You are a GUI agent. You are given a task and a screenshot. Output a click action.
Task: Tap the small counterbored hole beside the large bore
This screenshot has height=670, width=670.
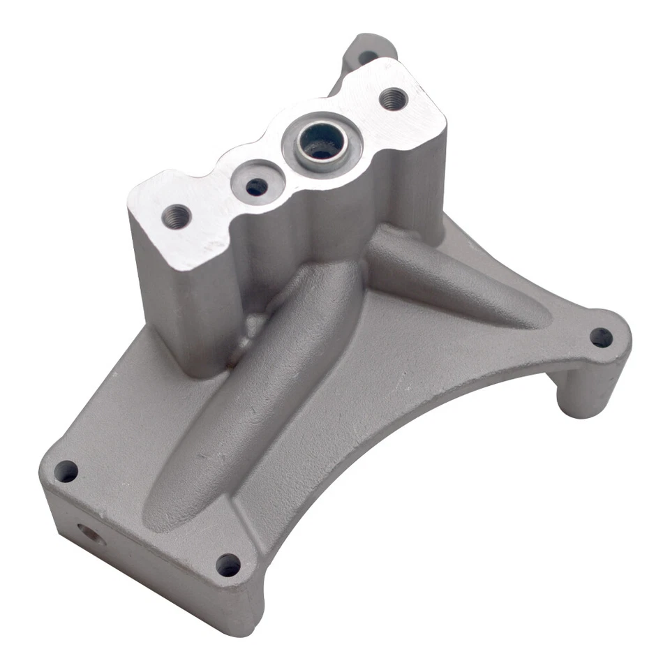257,185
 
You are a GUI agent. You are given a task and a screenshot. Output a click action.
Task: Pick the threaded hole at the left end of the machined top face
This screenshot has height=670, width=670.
177,216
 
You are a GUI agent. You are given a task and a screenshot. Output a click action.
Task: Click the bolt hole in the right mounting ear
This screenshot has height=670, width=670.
601,338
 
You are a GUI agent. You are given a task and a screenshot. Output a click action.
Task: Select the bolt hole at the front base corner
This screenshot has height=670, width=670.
228,564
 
